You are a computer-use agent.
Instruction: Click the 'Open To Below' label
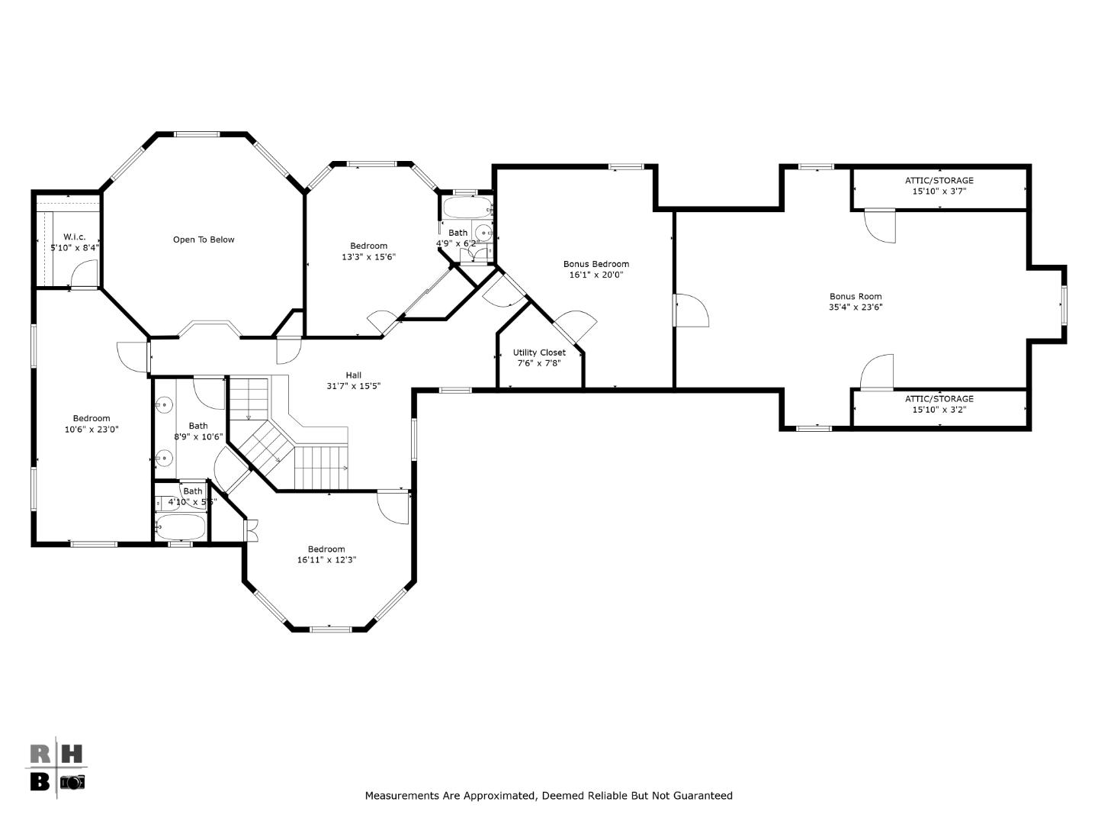204,240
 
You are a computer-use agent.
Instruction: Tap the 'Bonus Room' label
856,296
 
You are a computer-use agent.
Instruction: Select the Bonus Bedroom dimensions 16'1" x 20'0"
596,275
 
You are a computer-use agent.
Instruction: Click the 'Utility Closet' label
539,352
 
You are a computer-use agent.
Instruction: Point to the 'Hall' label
354,375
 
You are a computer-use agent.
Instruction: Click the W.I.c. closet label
75,237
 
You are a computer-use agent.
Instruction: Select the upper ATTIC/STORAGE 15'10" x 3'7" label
939,186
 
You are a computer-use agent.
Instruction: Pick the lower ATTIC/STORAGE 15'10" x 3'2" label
939,404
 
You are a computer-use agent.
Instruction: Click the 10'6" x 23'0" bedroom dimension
91,429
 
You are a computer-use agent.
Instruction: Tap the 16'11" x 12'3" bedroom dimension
326,559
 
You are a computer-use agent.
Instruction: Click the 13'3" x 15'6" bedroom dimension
368,256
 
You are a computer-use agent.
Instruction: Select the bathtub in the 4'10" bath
180,526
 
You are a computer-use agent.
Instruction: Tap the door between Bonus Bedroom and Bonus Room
691,311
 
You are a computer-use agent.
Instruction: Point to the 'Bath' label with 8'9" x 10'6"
198,426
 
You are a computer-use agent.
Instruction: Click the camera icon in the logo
72,781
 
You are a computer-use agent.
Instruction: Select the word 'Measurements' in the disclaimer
402,796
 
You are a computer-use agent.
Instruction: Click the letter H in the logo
71,754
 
